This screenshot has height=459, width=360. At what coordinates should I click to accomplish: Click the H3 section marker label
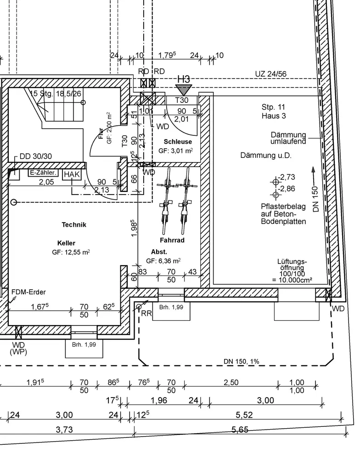(184, 79)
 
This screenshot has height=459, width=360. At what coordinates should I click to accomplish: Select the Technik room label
(74, 225)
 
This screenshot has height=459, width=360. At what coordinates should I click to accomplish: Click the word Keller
(66, 243)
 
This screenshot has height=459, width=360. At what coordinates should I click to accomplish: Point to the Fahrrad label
(172, 240)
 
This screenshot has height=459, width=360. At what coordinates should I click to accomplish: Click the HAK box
(72, 175)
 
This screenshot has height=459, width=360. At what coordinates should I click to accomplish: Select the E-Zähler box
(43, 173)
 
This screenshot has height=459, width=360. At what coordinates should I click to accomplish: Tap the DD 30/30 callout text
(36, 156)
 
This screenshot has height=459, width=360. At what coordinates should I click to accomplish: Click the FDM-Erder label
(28, 291)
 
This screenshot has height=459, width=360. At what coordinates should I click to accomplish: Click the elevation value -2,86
(287, 188)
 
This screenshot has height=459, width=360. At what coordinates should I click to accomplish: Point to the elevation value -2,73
(287, 177)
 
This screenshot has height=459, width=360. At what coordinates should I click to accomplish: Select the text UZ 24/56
(270, 74)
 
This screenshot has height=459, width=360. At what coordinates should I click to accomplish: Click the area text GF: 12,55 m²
(71, 252)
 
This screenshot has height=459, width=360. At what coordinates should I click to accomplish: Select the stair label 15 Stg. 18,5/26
(55, 94)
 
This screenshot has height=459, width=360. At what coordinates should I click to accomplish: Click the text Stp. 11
(273, 107)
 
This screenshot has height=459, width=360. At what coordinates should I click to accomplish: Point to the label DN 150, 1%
(242, 362)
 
